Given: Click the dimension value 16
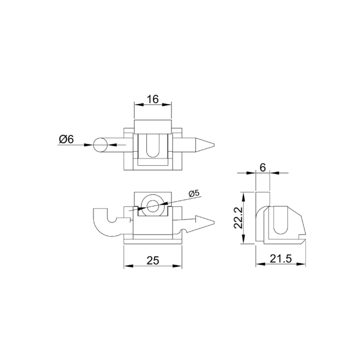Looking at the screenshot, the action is coord(153,99).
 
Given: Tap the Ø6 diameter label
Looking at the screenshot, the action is coord(66,139).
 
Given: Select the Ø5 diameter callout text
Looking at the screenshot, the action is coord(194,193).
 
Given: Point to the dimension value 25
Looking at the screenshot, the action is coord(153,261).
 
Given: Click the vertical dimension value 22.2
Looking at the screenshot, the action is coord(238,217).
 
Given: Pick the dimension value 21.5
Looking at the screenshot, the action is coord(281,259).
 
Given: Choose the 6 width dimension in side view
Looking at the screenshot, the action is coord(263,168).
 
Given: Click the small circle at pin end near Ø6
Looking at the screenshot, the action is coord(100,145).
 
